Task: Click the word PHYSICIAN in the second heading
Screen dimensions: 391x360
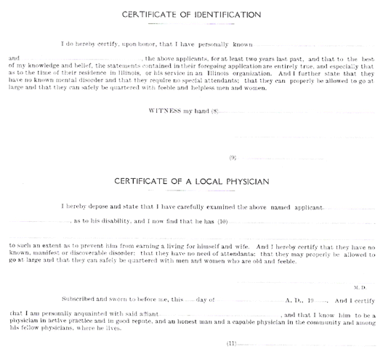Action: point(248,181)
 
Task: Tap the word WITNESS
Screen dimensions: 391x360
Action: point(165,111)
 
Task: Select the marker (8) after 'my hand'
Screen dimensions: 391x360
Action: point(214,111)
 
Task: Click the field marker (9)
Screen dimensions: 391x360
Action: point(233,158)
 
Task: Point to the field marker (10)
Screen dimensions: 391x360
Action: point(222,222)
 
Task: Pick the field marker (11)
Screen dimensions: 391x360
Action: point(231,343)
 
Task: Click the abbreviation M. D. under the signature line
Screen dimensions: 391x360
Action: point(360,288)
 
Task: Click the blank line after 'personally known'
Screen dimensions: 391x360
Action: point(314,46)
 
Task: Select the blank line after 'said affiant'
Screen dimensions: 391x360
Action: point(219,316)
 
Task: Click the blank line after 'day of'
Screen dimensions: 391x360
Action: point(249,301)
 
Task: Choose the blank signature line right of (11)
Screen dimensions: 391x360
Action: point(306,345)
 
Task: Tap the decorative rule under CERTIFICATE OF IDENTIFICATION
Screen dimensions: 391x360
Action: point(191,24)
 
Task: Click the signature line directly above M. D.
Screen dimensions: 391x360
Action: point(305,283)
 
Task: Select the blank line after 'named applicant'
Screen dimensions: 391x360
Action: point(349,209)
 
